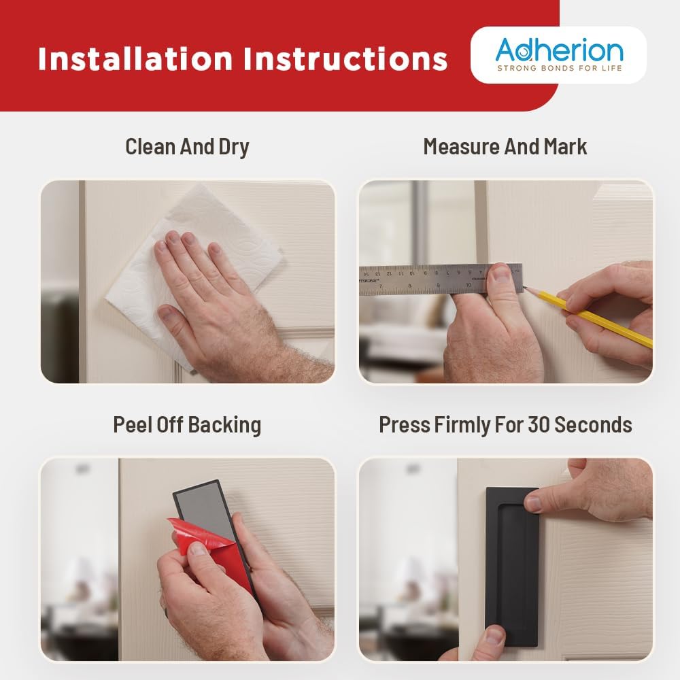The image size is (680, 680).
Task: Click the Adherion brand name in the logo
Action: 559,50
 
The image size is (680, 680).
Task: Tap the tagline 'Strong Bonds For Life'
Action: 560,68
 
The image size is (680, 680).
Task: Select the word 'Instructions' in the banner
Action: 345,58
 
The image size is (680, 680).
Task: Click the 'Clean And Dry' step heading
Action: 188,147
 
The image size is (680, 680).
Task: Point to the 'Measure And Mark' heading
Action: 505,147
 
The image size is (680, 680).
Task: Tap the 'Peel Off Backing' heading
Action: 188,424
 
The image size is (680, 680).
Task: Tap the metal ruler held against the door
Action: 440,279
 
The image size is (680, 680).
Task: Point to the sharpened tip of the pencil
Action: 524,287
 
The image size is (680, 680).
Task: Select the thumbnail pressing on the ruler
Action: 501,274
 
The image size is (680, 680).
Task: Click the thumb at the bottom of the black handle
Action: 492,642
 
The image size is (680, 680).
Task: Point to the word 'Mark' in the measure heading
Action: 566,147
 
